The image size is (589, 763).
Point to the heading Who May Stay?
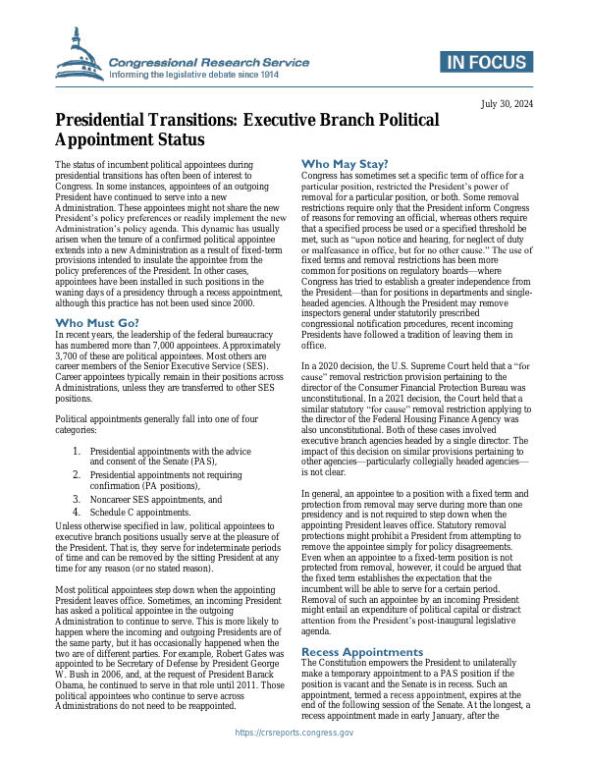(x=345, y=163)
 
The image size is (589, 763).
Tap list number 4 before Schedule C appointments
(x=78, y=512)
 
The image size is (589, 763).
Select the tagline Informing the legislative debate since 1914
(x=194, y=75)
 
